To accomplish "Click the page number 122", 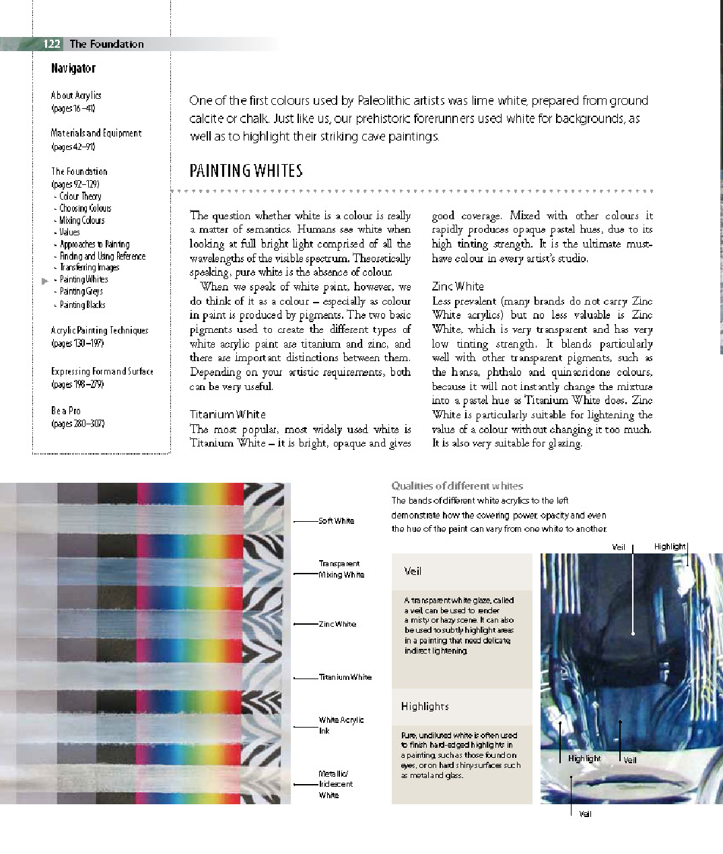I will pyautogui.click(x=52, y=44).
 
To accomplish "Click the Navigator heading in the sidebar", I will pyautogui.click(x=73, y=68).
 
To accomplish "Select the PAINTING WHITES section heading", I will pyautogui.click(x=246, y=171).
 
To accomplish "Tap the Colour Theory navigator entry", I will pyautogui.click(x=80, y=196).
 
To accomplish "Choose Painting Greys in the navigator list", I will pyautogui.click(x=81, y=291).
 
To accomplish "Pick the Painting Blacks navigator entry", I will pyautogui.click(x=82, y=305).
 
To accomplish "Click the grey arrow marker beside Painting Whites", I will pyautogui.click(x=45, y=281).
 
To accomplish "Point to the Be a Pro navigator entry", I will pyautogui.click(x=66, y=410).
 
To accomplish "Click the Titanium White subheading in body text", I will pyautogui.click(x=228, y=414).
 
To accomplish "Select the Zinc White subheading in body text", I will pyautogui.click(x=458, y=286).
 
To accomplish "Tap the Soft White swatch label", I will pyautogui.click(x=336, y=521).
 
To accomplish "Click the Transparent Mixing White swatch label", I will pyautogui.click(x=341, y=569).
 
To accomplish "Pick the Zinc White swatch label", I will pyautogui.click(x=337, y=624).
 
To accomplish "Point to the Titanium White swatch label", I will pyautogui.click(x=345, y=677).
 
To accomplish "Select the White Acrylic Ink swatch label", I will pyautogui.click(x=341, y=725).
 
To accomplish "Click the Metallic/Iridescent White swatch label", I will pyautogui.click(x=335, y=784).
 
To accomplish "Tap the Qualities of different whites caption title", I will pyautogui.click(x=457, y=486).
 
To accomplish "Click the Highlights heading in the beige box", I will pyautogui.click(x=425, y=706).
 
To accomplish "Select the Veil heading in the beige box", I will pyautogui.click(x=413, y=571).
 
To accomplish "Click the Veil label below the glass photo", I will pyautogui.click(x=585, y=814).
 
